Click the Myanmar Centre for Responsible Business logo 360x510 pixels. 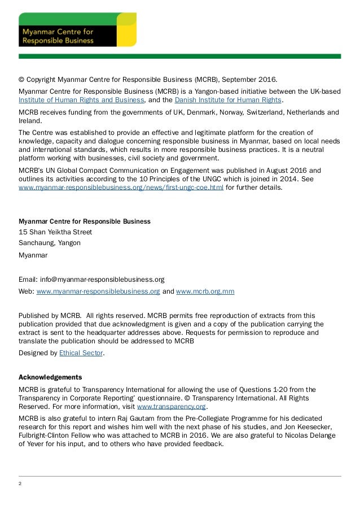click(x=77, y=30)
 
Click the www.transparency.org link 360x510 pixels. click(x=172, y=406)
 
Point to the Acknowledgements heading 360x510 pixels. click(x=50, y=377)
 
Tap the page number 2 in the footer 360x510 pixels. click(x=20, y=483)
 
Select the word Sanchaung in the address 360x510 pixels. click(x=36, y=243)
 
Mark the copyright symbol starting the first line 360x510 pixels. click(x=21, y=80)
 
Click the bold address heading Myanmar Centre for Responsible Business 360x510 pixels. click(x=85, y=221)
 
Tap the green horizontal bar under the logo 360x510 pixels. click(x=180, y=56)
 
